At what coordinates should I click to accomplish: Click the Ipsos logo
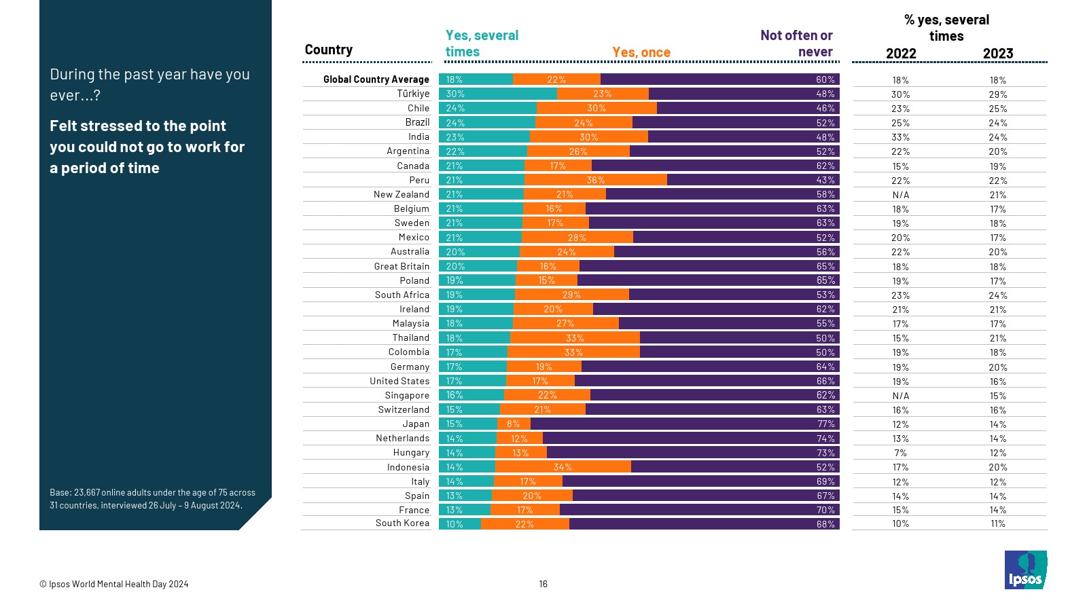tap(1025, 570)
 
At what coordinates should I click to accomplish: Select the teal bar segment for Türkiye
tap(497, 94)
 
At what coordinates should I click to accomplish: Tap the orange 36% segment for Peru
tap(595, 180)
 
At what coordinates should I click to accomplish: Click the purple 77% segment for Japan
tap(685, 424)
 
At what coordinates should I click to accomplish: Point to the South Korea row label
tap(402, 523)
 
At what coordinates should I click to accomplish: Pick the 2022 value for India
tap(900, 137)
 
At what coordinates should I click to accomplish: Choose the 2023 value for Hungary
tap(997, 453)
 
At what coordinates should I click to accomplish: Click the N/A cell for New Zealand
tap(900, 195)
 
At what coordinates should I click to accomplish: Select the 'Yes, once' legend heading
tap(641, 52)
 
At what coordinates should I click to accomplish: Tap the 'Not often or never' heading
tap(796, 43)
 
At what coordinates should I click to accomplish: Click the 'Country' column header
tap(328, 50)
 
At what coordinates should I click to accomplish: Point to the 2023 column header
tap(997, 54)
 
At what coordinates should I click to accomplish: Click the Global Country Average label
tap(376, 79)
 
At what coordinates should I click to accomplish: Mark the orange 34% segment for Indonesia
tap(563, 467)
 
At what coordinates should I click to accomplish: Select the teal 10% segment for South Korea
tap(459, 524)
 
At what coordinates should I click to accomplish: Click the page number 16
tap(543, 584)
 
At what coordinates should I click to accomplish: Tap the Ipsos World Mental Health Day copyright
tap(113, 584)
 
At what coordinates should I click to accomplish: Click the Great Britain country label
tap(402, 266)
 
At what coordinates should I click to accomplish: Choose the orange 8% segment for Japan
tap(514, 424)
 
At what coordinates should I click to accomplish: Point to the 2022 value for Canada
tap(900, 166)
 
